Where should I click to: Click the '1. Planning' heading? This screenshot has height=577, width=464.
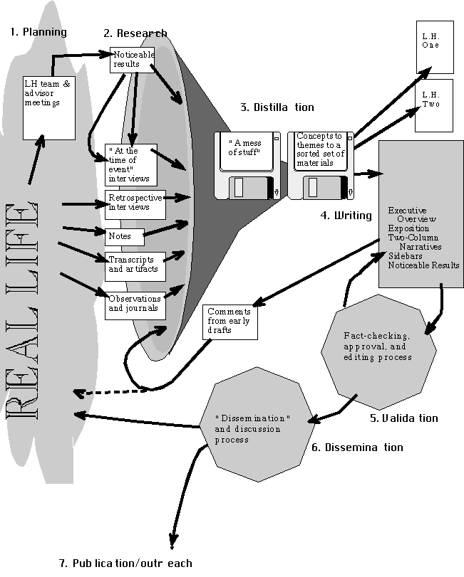[38, 32]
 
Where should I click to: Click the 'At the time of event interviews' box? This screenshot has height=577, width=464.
[130, 164]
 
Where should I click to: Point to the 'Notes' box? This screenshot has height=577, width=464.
[123, 235]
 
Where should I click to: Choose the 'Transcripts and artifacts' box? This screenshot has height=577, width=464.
[135, 266]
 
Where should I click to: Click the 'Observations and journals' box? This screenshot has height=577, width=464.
[135, 305]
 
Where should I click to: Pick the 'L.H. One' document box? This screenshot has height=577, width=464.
[433, 46]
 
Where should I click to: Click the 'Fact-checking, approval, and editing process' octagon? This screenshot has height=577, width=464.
[378, 346]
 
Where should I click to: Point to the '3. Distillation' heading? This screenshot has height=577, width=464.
[277, 107]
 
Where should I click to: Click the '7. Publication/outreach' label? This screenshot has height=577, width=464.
[125, 563]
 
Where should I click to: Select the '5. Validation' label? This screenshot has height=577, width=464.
[403, 418]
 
